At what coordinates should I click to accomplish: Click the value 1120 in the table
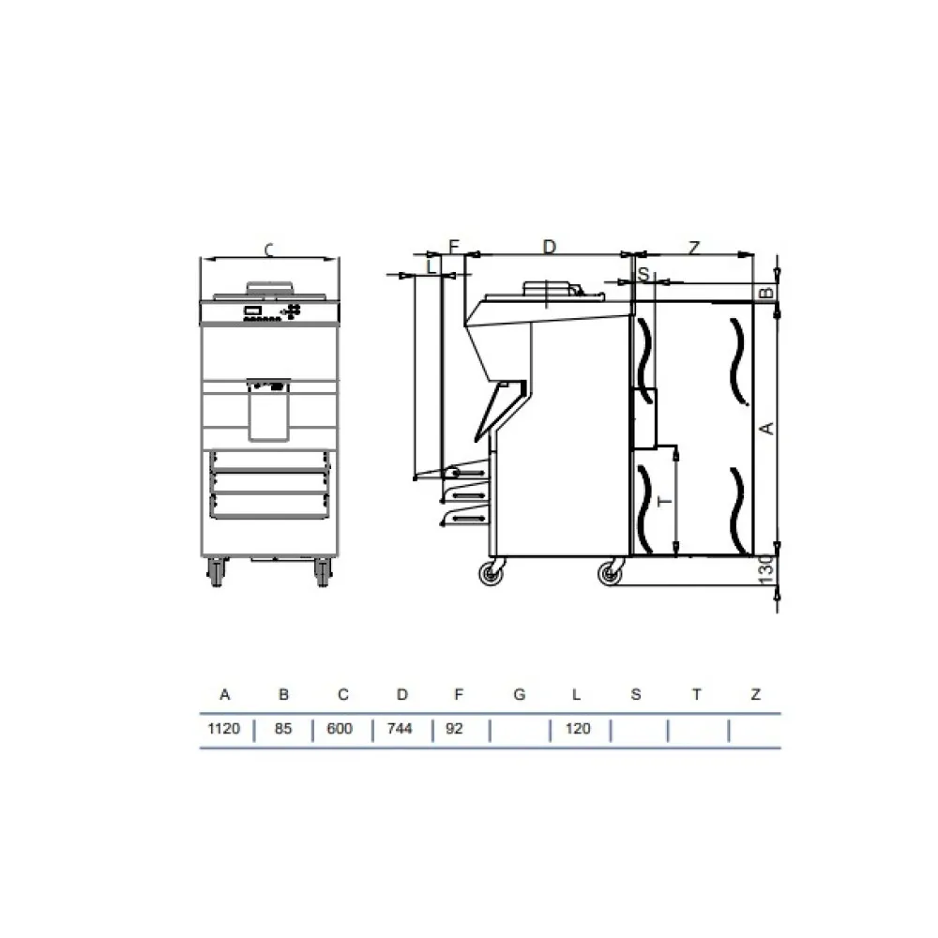click(x=224, y=729)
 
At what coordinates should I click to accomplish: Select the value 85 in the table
click(x=283, y=729)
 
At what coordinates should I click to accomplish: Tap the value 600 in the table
click(x=341, y=729)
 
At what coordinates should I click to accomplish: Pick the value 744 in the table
click(x=401, y=729)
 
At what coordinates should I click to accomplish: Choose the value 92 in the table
click(x=455, y=729)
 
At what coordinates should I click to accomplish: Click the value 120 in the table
click(x=579, y=729)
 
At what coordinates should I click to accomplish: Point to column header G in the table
click(x=520, y=695)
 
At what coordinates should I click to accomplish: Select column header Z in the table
click(x=755, y=695)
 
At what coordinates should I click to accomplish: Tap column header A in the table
click(x=224, y=695)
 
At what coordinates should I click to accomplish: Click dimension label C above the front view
click(x=269, y=250)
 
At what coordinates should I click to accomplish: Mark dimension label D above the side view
click(x=550, y=247)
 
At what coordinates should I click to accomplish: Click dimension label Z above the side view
click(x=694, y=248)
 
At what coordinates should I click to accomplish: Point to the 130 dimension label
click(x=766, y=568)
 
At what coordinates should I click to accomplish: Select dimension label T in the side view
click(x=665, y=502)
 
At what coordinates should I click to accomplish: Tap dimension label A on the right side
click(x=766, y=428)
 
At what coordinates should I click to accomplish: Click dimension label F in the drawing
click(x=454, y=247)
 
